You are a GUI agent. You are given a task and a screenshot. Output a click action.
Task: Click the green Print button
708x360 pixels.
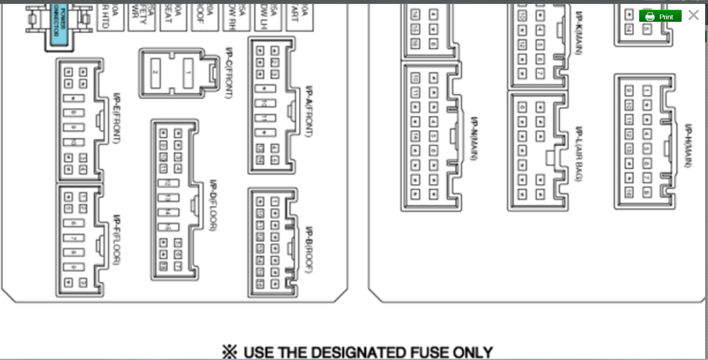(660, 16)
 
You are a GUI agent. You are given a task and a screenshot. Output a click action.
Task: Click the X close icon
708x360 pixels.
(694, 16)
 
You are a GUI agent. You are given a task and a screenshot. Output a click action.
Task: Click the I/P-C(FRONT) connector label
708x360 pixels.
(229, 72)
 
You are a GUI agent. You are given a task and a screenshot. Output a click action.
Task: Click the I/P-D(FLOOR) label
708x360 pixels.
(213, 205)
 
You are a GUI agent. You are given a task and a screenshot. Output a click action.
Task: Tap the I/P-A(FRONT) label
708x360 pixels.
(309, 112)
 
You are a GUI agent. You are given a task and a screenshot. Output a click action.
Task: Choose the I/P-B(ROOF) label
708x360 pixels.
(309, 249)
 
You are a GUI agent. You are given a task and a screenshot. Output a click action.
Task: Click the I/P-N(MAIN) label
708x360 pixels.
(474, 138)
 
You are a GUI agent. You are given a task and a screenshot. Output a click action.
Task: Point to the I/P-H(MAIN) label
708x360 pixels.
(688, 145)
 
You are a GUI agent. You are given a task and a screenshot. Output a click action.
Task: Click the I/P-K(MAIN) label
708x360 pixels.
(579, 33)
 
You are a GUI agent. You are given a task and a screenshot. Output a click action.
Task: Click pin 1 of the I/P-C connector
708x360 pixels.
(188, 73)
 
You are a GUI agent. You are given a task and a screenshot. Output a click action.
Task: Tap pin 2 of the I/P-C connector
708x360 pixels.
(155, 73)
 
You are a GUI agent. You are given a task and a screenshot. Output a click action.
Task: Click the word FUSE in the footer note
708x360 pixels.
(430, 352)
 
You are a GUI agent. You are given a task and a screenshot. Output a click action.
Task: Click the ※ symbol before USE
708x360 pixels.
(230, 352)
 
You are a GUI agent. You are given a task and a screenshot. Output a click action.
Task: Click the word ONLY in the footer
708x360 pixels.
(473, 352)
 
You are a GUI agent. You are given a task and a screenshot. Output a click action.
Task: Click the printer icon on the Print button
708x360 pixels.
(650, 17)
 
